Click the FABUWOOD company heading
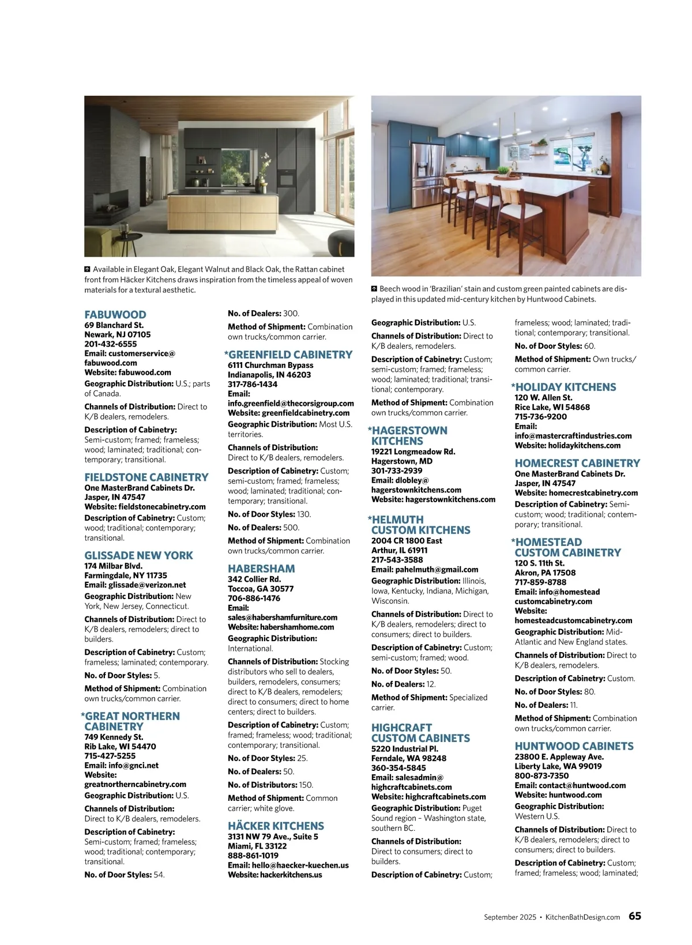(x=115, y=315)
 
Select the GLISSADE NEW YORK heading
(x=138, y=556)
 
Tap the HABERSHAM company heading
(x=261, y=568)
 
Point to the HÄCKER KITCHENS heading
(x=276, y=826)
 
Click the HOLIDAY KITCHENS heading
(x=565, y=387)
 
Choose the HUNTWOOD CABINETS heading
(x=574, y=746)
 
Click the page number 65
(x=634, y=916)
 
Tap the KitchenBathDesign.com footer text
(x=582, y=917)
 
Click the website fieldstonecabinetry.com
(x=161, y=507)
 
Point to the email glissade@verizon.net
(x=147, y=585)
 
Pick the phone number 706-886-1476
(x=254, y=598)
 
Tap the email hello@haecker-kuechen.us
(x=300, y=865)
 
